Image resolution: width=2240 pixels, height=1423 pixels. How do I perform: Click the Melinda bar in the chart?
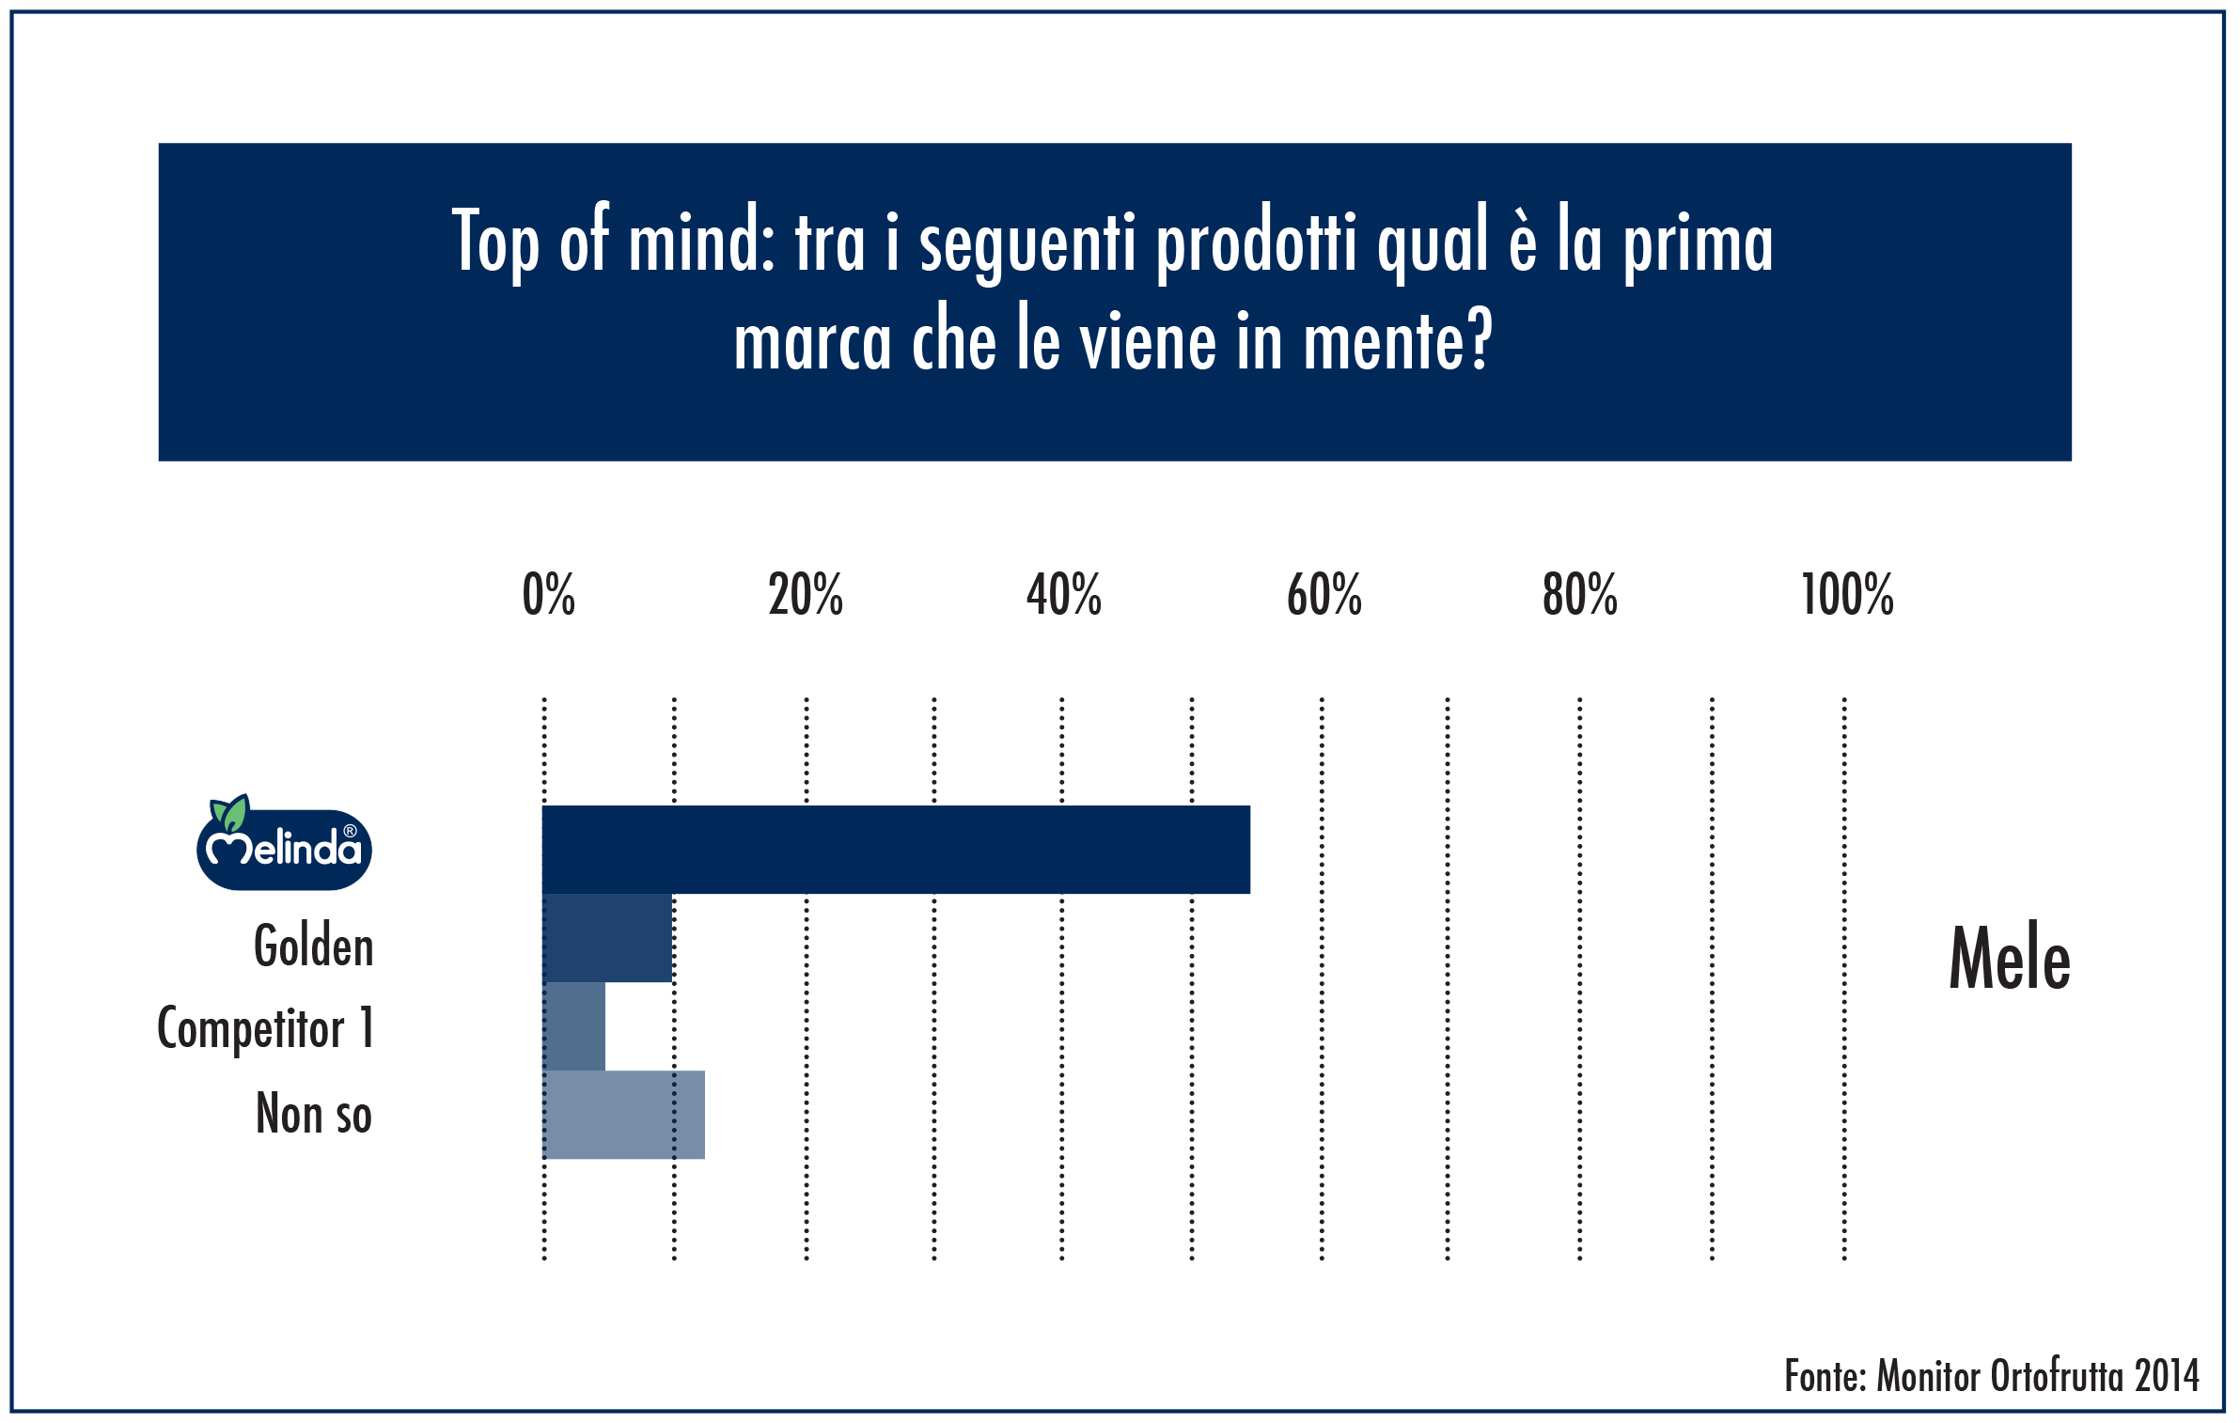click(x=896, y=849)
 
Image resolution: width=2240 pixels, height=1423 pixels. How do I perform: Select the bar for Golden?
click(x=607, y=937)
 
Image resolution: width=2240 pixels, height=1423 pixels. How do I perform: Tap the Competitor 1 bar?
click(x=574, y=1025)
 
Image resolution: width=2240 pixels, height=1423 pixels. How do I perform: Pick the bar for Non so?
click(x=624, y=1114)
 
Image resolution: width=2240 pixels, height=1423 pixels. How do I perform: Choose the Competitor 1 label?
click(x=266, y=1028)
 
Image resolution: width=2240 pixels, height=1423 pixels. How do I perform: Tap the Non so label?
click(x=314, y=1114)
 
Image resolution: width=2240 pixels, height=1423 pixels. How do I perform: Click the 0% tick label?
click(x=549, y=595)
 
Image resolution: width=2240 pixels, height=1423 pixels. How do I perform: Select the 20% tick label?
click(x=806, y=595)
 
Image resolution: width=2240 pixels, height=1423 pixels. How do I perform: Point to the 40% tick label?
click(x=1064, y=595)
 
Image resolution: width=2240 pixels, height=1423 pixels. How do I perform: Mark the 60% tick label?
click(x=1324, y=595)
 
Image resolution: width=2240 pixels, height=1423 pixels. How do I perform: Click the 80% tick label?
click(x=1580, y=595)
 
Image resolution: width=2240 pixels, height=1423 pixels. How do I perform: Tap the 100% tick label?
click(x=1847, y=595)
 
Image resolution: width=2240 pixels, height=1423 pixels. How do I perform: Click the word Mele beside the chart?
click(x=2010, y=959)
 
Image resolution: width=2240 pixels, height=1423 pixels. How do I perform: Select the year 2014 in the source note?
click(x=2167, y=1376)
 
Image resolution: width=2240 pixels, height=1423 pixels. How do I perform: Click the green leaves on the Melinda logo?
click(x=229, y=811)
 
